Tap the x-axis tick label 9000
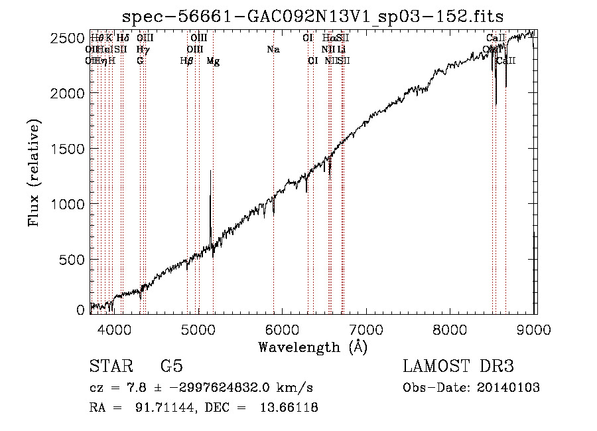click(x=535, y=328)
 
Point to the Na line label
click(x=273, y=49)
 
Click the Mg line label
click(x=213, y=60)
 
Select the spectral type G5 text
click(x=171, y=367)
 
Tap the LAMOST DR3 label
click(x=458, y=367)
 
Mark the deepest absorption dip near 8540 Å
click(x=496, y=103)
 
